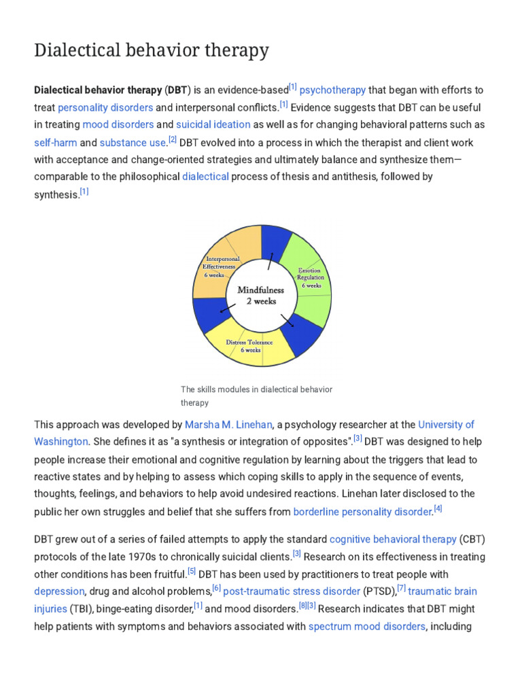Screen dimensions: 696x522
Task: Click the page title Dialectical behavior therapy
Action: [152, 51]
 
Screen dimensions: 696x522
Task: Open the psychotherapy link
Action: [332, 90]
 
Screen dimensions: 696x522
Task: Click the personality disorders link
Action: [105, 107]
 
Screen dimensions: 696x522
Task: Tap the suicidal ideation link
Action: [213, 125]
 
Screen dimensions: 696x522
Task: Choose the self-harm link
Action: [55, 143]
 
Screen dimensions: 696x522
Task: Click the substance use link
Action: [133, 143]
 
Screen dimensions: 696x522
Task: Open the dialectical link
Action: [205, 177]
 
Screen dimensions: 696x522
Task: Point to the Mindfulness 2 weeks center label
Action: [260, 295]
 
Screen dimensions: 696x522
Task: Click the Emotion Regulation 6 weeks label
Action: [311, 277]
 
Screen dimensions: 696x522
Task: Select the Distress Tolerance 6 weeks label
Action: [249, 346]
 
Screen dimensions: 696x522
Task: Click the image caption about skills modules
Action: [256, 396]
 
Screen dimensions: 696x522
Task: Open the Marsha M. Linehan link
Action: [228, 425]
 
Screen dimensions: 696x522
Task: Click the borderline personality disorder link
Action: [363, 511]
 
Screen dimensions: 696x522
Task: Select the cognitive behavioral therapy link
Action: [393, 539]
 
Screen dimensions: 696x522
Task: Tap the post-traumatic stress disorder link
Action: [292, 591]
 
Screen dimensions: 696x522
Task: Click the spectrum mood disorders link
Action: [367, 626]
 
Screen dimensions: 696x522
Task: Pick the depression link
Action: [59, 591]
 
